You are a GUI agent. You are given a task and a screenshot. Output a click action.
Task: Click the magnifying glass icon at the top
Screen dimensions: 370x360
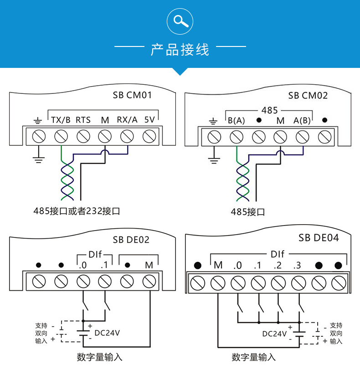pyautogui.click(x=180, y=21)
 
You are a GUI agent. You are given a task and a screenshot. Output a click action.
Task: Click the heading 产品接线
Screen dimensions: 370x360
pyautogui.click(x=180, y=49)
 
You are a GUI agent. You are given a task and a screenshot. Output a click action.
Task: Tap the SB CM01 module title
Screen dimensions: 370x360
pyautogui.click(x=132, y=96)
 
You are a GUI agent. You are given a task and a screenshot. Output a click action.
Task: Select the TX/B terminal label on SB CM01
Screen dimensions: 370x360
pyautogui.click(x=61, y=120)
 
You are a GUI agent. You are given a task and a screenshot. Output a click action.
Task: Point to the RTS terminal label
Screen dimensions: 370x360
pyautogui.click(x=83, y=120)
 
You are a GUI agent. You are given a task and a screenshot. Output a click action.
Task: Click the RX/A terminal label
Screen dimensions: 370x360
pyautogui.click(x=127, y=120)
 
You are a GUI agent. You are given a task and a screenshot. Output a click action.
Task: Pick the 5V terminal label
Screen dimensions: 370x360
pyautogui.click(x=149, y=120)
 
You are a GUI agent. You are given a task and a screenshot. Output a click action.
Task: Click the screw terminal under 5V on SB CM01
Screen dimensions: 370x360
pyautogui.click(x=149, y=136)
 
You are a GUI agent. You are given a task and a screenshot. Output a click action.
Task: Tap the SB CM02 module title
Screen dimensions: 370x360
pyautogui.click(x=308, y=96)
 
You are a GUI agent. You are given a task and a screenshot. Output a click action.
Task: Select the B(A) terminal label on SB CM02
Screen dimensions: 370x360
pyautogui.click(x=236, y=121)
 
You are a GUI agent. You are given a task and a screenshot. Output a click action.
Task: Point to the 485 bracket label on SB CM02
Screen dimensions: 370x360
pyautogui.click(x=269, y=111)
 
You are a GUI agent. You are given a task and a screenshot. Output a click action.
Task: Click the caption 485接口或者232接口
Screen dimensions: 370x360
pyautogui.click(x=77, y=211)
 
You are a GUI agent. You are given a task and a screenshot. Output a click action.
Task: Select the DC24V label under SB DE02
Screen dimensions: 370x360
pyautogui.click(x=107, y=333)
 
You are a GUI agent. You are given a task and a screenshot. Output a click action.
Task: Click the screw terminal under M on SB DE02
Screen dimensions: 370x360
pyautogui.click(x=149, y=281)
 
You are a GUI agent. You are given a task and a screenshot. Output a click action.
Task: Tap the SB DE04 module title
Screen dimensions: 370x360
pyautogui.click(x=319, y=238)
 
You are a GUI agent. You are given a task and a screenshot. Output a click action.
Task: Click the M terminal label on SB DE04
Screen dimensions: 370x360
pyautogui.click(x=218, y=265)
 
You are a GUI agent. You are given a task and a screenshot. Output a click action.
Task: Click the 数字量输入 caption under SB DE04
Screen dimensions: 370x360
pyautogui.click(x=253, y=357)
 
